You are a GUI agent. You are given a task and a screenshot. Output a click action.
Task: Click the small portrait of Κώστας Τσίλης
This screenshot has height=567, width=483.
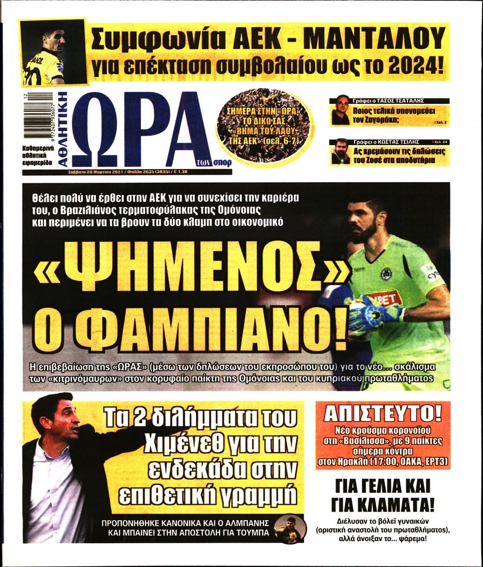tap(340, 152)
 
